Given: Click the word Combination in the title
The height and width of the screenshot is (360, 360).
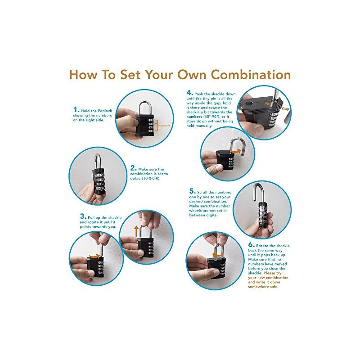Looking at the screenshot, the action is pos(251,75).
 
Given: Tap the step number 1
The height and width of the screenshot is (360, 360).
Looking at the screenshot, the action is pos(76,109).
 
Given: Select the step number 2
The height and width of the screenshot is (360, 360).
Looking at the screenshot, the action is pos(133,168).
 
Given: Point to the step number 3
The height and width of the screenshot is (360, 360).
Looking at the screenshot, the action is pos(83,216).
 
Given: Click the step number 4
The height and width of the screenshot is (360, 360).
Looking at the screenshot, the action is pos(189,93).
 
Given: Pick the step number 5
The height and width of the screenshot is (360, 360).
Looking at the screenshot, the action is pos(193,191).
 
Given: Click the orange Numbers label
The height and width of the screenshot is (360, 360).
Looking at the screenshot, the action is pos(164,126).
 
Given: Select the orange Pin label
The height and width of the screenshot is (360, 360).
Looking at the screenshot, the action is pos(267,104).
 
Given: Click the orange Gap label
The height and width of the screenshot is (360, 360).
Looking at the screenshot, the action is pos(286,108).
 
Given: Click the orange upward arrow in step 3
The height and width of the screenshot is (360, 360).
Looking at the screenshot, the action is pos(136,231).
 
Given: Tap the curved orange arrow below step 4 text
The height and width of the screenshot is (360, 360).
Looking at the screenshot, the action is pos(236,151).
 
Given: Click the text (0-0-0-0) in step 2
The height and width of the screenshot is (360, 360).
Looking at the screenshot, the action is pos(152,178).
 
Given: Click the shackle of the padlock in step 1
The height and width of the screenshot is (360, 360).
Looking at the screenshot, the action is pos(144,107).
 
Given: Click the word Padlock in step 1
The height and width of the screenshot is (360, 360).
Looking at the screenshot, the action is pos(104,111).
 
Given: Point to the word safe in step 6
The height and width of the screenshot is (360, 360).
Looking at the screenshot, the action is pos(274,287).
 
